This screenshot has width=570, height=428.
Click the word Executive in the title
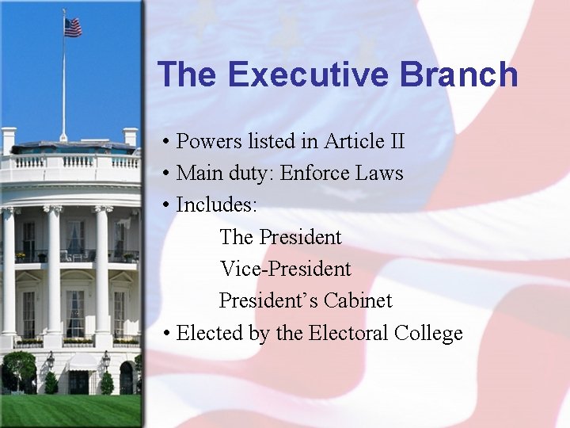tap(309, 75)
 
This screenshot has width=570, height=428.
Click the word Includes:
tap(216, 204)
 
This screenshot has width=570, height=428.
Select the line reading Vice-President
tap(285, 269)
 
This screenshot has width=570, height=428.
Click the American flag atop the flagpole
tap(73, 28)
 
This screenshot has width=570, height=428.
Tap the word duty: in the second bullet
tap(245, 174)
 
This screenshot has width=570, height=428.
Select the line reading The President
tap(280, 237)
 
